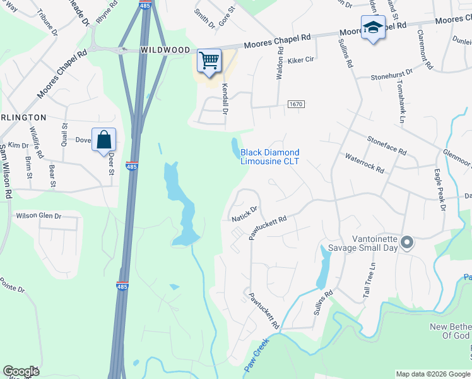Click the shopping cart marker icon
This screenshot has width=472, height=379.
[209, 61]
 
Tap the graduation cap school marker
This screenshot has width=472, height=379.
[373, 27]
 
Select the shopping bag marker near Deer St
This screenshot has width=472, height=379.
[103, 140]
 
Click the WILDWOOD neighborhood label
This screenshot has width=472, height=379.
[165, 49]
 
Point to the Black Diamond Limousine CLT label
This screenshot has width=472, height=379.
[270, 157]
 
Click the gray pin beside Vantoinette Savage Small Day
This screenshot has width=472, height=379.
[407, 242]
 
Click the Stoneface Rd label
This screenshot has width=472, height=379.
[387, 143]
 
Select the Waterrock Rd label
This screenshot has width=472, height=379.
[364, 162]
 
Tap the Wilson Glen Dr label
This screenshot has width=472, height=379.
[38, 215]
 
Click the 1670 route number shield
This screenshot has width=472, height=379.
[295, 104]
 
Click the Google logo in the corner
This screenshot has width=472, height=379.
[21, 371]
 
